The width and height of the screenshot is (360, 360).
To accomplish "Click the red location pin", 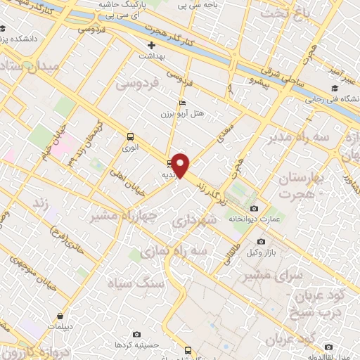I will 181,166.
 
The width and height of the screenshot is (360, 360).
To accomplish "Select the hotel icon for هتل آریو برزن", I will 183,103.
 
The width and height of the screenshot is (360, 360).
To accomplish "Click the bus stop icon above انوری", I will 130,137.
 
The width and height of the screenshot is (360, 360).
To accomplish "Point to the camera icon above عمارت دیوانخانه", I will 254,209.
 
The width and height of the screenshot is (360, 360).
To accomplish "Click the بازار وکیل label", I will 265,252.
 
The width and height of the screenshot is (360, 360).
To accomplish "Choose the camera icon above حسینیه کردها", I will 136,334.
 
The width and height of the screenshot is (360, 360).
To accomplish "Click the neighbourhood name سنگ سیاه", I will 135,283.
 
